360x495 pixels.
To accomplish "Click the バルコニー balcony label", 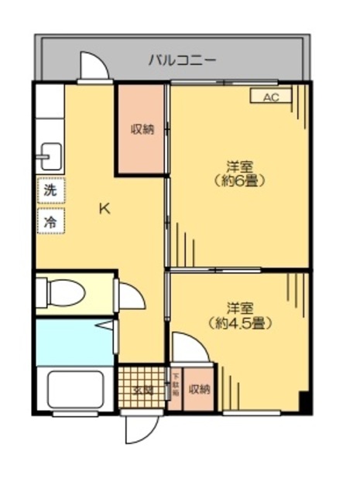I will [x=183, y=59].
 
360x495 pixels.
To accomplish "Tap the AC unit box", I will [x=269, y=97].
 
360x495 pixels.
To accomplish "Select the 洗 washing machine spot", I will [x=50, y=189].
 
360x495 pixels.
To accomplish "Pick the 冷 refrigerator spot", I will [x=50, y=220].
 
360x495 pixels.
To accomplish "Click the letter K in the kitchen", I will [x=103, y=207].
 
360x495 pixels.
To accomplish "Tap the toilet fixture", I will [x=67, y=293].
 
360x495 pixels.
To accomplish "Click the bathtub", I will [x=75, y=391].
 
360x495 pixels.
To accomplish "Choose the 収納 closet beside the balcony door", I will [x=141, y=129].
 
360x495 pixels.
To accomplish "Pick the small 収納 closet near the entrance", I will [x=199, y=389].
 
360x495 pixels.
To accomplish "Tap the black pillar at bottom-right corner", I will [x=305, y=403].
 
